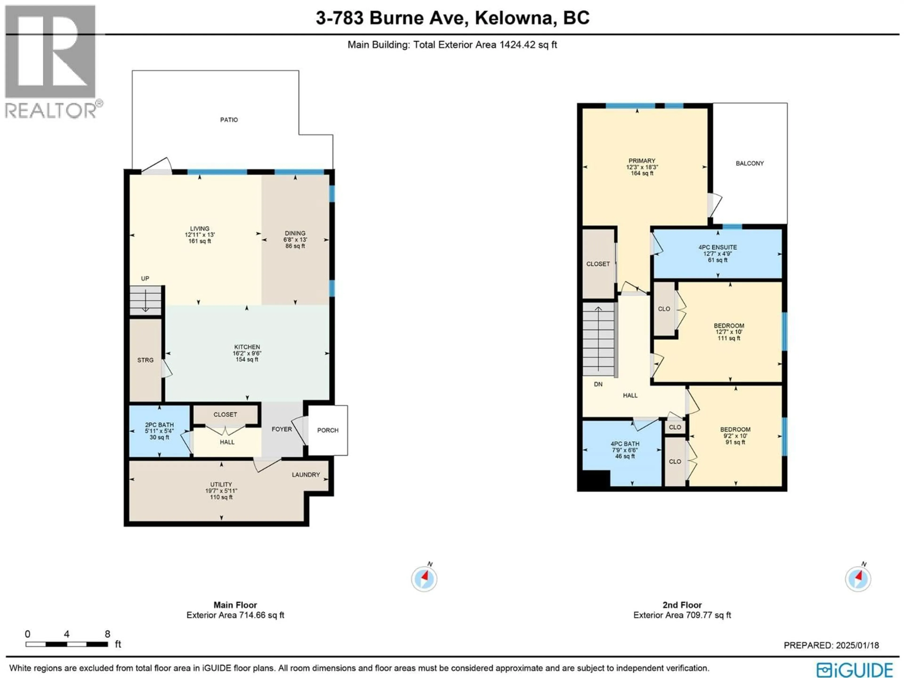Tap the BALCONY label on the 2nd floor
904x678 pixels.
(x=750, y=163)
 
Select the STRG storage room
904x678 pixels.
(x=145, y=360)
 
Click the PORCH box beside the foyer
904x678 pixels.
(x=328, y=430)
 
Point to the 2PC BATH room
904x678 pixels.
(x=159, y=431)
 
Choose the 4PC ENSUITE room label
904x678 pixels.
(x=718, y=247)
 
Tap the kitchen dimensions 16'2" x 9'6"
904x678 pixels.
(x=247, y=353)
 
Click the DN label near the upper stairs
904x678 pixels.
(x=598, y=384)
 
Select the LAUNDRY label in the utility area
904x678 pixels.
(x=306, y=474)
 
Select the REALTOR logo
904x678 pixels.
(x=51, y=61)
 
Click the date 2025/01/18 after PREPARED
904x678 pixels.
(x=857, y=645)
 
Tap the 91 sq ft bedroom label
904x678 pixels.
(x=735, y=442)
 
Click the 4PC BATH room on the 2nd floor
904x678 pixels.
(x=625, y=450)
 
